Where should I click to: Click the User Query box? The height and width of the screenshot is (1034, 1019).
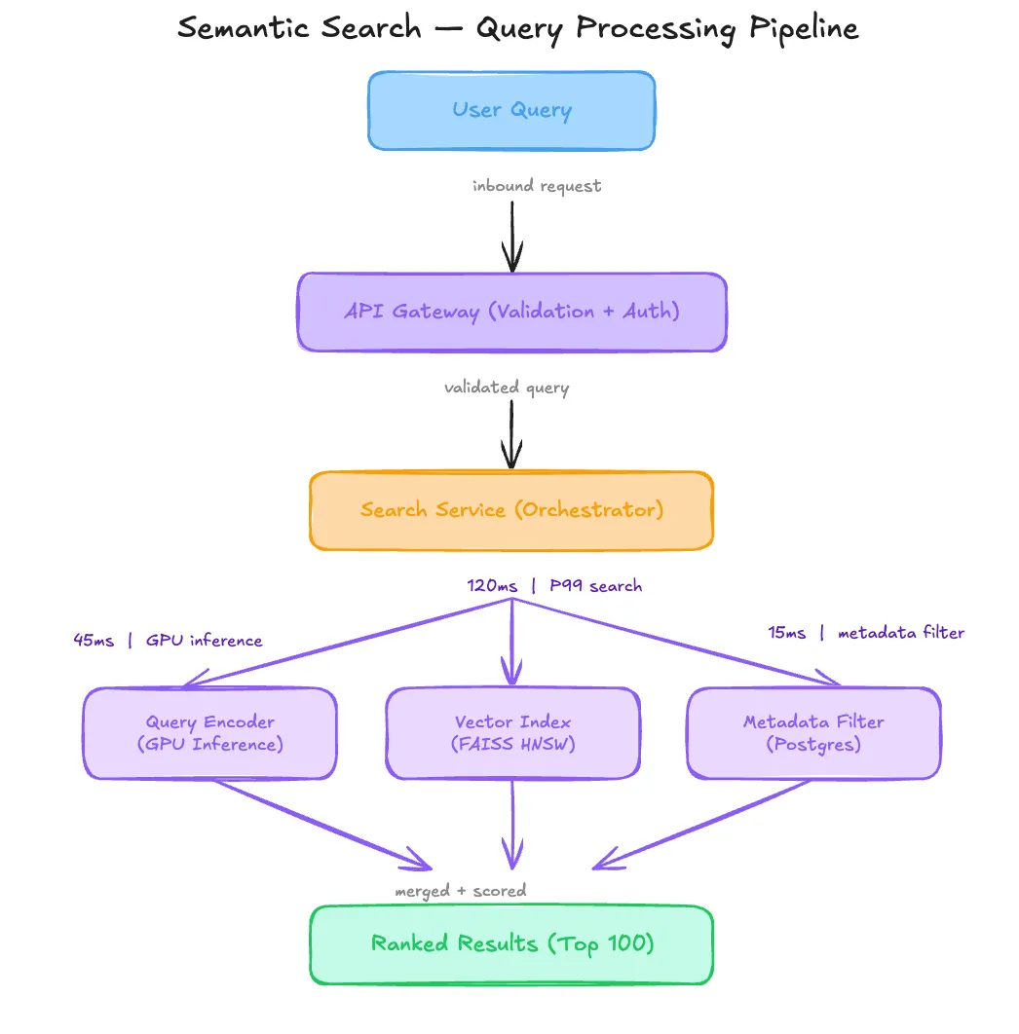(x=511, y=110)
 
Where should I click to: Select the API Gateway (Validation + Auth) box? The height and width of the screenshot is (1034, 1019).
(x=511, y=312)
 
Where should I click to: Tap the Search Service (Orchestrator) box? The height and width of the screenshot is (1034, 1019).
(x=511, y=510)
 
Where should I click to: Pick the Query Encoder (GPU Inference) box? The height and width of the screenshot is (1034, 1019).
(x=210, y=733)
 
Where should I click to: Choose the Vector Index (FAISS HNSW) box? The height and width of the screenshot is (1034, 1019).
(x=512, y=733)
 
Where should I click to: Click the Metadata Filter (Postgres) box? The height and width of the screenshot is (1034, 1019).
(x=813, y=733)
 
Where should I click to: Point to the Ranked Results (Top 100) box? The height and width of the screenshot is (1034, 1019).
(x=511, y=944)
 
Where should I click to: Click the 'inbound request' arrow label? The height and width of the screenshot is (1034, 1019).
(x=537, y=185)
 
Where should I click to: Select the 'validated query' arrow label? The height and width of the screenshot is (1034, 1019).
(x=507, y=388)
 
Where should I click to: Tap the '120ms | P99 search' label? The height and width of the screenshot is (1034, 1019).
(x=554, y=585)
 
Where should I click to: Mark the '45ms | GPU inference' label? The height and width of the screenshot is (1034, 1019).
(x=168, y=640)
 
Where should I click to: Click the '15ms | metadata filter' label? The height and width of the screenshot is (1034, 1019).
(x=866, y=633)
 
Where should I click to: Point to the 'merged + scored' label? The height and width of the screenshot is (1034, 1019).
(x=461, y=890)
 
